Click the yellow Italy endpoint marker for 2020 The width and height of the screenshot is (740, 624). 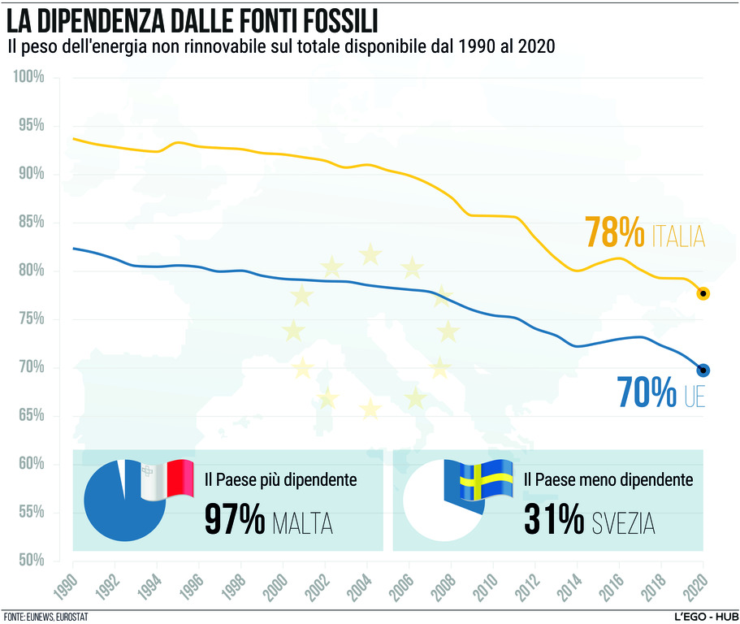pyautogui.click(x=703, y=293)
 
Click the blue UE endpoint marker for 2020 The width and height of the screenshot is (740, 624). pyautogui.click(x=703, y=370)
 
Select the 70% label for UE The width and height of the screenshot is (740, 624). pyautogui.click(x=647, y=392)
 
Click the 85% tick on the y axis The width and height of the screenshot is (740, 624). pyautogui.click(x=31, y=223)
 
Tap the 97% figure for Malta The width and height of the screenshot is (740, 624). pyautogui.click(x=234, y=520)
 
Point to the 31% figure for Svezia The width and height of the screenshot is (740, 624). pyautogui.click(x=553, y=520)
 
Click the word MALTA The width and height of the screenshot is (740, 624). pyautogui.click(x=303, y=523)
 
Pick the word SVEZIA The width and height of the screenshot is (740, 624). pyautogui.click(x=624, y=523)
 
